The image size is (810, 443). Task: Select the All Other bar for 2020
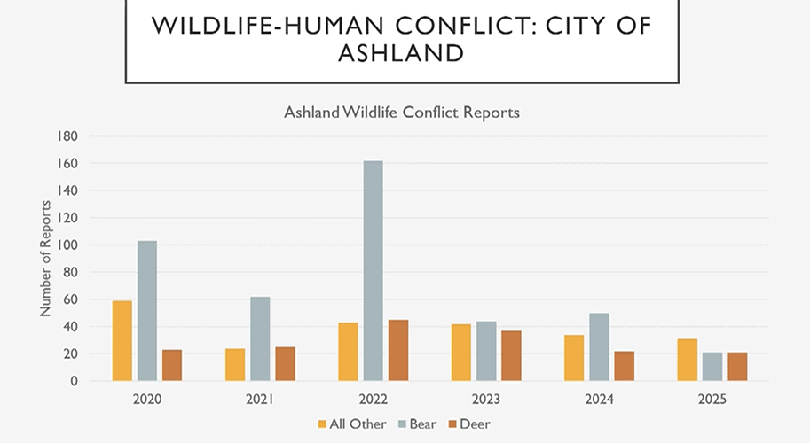pyautogui.click(x=122, y=340)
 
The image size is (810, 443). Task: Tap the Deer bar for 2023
pyautogui.click(x=511, y=355)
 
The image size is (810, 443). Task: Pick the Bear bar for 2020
pyautogui.click(x=147, y=310)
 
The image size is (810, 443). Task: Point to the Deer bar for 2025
pyautogui.click(x=738, y=366)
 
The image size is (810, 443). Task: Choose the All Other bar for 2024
pyautogui.click(x=575, y=357)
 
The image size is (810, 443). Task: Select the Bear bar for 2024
pyautogui.click(x=600, y=346)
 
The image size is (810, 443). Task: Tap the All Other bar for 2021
pyautogui.click(x=235, y=364)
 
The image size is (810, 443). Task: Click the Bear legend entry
pyautogui.click(x=420, y=424)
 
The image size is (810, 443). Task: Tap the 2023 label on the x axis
pyautogui.click(x=486, y=400)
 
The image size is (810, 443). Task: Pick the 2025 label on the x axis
pyautogui.click(x=712, y=400)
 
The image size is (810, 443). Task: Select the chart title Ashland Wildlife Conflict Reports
pyautogui.click(x=402, y=113)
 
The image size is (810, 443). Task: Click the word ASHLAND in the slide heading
pyautogui.click(x=402, y=54)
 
